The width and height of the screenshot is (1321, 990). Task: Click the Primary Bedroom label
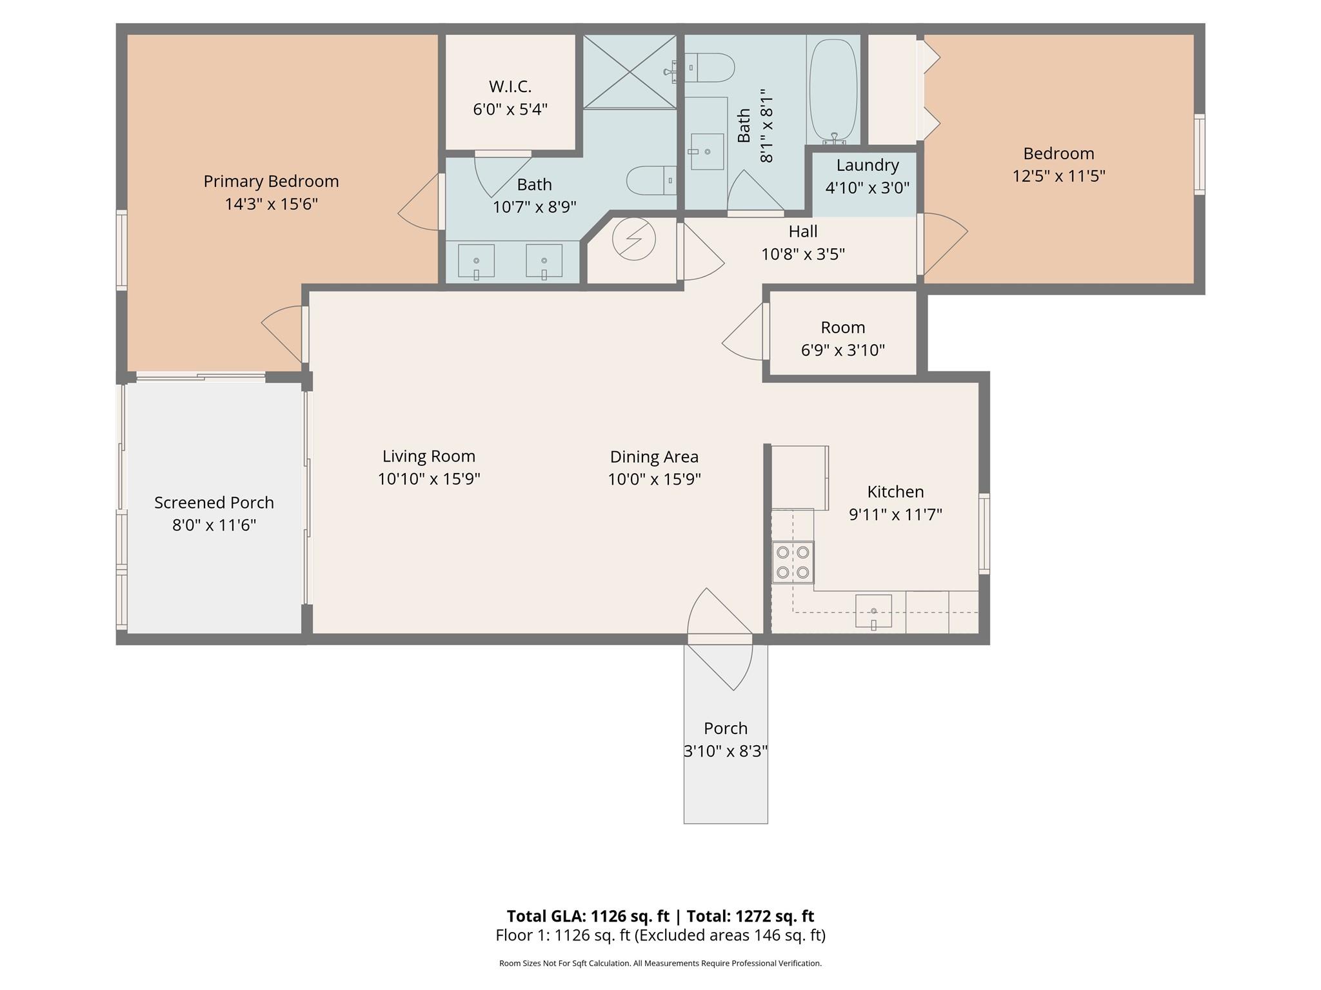tap(271, 182)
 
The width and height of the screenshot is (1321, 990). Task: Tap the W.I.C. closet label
tap(510, 86)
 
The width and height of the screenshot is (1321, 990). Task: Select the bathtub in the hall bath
tap(833, 90)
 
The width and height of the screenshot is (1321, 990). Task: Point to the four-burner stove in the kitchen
tap(793, 563)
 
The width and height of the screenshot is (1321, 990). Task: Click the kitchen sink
tap(873, 611)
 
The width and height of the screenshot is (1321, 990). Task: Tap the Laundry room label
tap(868, 165)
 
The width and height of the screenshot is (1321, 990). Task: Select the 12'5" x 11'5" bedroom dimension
tap(1058, 176)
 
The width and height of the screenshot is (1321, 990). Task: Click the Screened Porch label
tap(214, 503)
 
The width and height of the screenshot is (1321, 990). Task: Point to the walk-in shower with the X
tap(630, 72)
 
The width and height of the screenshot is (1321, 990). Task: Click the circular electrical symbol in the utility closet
tap(633, 239)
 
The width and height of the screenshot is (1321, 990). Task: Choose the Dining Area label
tap(654, 457)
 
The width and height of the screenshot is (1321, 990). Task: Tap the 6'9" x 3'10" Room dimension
tap(842, 350)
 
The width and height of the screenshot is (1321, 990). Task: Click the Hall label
tap(803, 231)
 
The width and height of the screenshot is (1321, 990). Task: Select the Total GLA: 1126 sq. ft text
tap(588, 916)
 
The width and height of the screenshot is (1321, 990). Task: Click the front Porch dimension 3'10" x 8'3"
tap(726, 752)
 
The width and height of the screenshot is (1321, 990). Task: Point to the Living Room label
tap(429, 456)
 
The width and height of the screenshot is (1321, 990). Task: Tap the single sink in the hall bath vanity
tap(707, 151)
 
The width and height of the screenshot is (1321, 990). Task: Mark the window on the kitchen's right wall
tap(984, 533)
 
